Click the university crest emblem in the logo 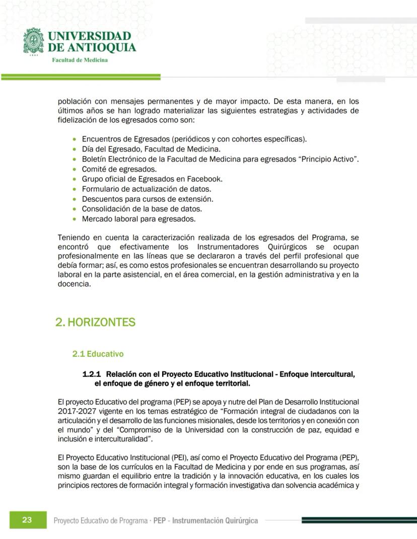coord(34,41)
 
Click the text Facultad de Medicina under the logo coord(80,60)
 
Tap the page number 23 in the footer coord(27,520)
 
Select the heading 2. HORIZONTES coord(95,322)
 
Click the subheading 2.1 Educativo coord(98,354)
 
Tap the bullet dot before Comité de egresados coord(75,169)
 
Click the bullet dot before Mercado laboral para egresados coord(75,219)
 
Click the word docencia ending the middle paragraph coord(74,284)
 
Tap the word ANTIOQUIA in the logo coord(105,48)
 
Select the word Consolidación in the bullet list coord(107,209)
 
